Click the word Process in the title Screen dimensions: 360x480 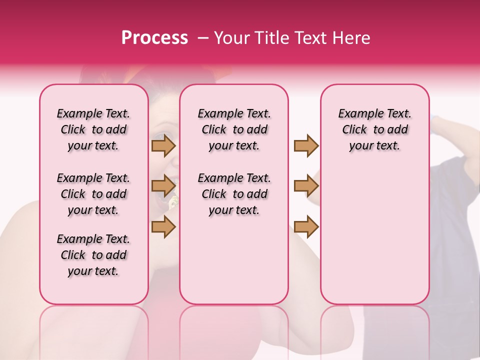click(154, 38)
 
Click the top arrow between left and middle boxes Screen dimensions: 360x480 click(163, 145)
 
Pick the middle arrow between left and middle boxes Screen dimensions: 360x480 click(163, 186)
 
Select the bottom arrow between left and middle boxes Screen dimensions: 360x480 click(163, 227)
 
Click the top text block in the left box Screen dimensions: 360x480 click(93, 129)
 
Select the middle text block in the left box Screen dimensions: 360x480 click(93, 194)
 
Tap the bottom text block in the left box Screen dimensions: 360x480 click(93, 255)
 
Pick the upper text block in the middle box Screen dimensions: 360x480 click(234, 129)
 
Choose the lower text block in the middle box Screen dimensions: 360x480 click(234, 194)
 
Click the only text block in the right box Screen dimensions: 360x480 click(374, 129)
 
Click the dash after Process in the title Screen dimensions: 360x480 click(202, 38)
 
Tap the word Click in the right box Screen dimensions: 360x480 click(354, 129)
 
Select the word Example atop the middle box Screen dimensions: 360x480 click(216, 113)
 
